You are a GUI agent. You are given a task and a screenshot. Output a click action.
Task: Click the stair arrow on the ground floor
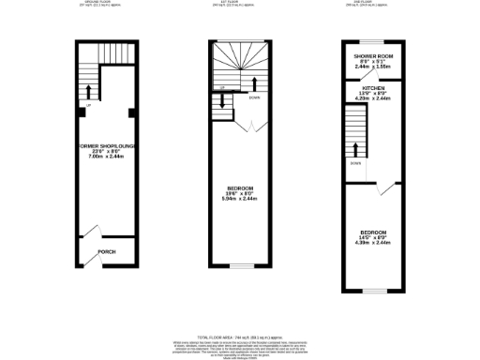point(90,91)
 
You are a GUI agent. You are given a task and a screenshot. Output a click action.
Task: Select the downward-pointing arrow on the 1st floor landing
point(223,103)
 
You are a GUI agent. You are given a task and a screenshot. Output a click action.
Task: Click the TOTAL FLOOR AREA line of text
point(240,335)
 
